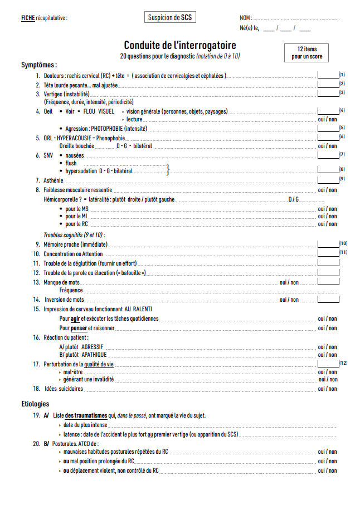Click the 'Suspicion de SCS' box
point(170,17)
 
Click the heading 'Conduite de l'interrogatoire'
point(179,45)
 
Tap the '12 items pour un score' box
point(307,53)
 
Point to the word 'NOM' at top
point(245,18)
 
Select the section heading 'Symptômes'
point(38,65)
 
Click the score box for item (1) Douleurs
point(328,75)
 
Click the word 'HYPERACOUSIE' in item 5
point(74,137)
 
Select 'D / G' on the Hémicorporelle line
point(294,199)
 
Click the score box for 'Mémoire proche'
point(328,244)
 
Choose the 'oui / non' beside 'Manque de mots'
point(289,282)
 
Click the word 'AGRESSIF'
point(93,346)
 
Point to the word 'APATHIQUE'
point(94,355)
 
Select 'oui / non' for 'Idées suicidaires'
point(327,389)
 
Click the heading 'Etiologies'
point(35,404)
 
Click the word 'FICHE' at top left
point(28,18)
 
